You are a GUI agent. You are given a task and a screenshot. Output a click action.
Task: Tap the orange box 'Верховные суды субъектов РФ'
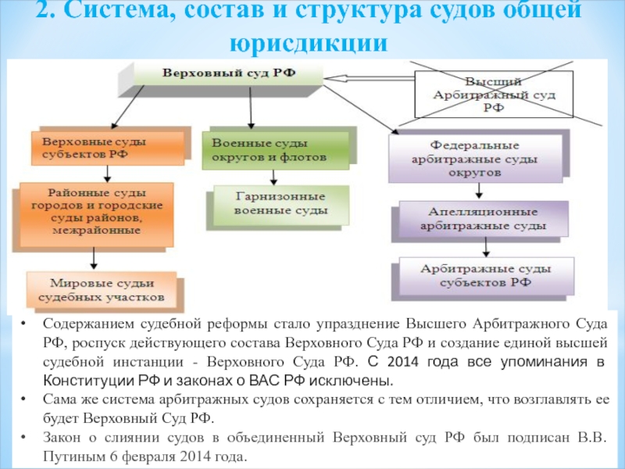coord(109,148)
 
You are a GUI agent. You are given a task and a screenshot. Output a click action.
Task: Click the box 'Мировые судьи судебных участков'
coord(106,290)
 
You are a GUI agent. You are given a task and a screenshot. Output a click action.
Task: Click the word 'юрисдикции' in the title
coord(311,43)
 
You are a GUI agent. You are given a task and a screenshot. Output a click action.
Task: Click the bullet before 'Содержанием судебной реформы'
coord(26,324)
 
